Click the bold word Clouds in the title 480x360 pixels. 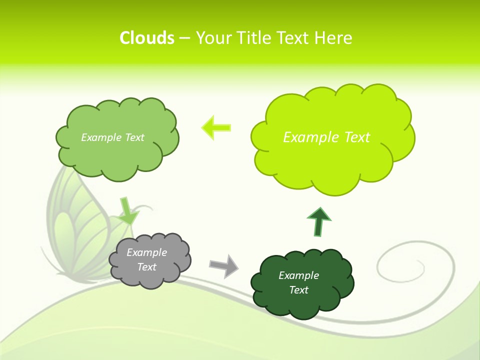click(146, 38)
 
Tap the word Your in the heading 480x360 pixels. click(213, 38)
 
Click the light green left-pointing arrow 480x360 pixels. click(216, 127)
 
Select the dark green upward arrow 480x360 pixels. click(318, 221)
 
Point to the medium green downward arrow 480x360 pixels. click(127, 212)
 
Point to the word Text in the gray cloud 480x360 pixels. click(147, 267)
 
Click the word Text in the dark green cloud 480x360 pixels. click(299, 290)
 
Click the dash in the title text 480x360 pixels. click(184, 38)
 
